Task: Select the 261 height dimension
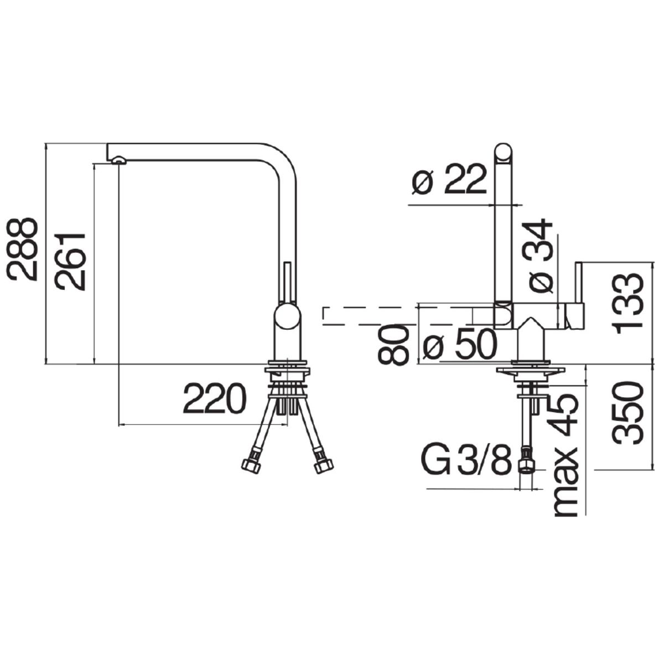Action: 70,262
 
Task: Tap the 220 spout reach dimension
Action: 215,398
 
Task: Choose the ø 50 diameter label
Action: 460,344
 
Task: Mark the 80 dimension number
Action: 393,345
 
